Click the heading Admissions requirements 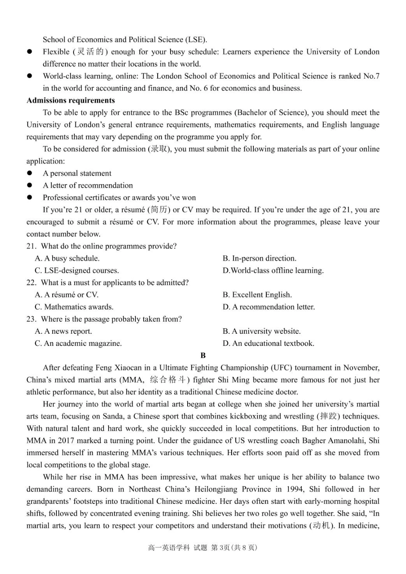tap(71, 100)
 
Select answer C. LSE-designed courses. tap(77, 271)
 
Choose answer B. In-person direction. tap(259, 258)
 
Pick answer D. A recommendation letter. tap(268, 307)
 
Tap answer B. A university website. tap(262, 331)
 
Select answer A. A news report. tap(63, 331)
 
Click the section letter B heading tap(203, 356)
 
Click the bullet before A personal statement tap(29, 173)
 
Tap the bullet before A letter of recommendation tap(29, 185)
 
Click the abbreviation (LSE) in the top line tap(196, 40)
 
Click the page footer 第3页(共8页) tap(235, 548)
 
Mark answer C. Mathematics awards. tap(74, 307)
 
